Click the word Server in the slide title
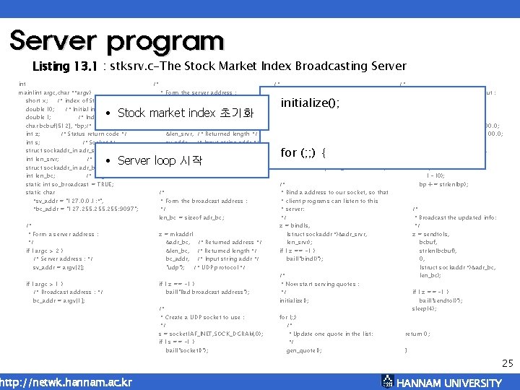pyautogui.click(x=58, y=40)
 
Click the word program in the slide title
pyautogui.click(x=168, y=42)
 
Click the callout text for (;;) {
pyautogui.click(x=304, y=152)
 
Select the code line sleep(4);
pyautogui.click(x=423, y=308)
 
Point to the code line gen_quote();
pyautogui.click(x=304, y=350)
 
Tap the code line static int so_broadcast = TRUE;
pyautogui.click(x=69, y=184)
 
